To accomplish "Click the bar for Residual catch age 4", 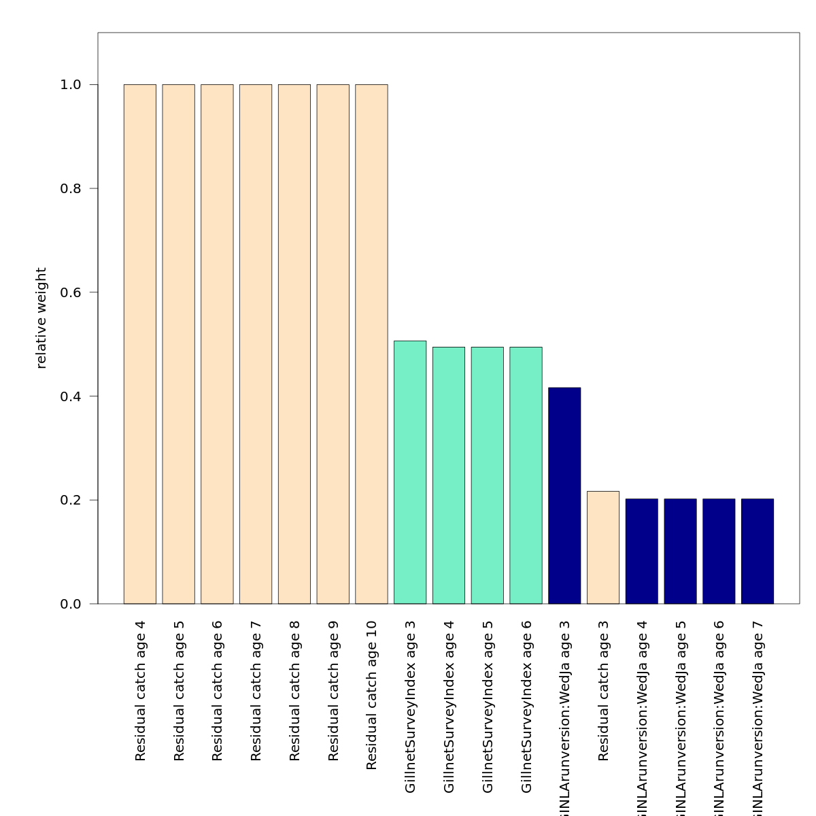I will (x=140, y=344).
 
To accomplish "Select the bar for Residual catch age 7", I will (x=256, y=344).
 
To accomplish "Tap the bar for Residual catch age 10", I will (x=371, y=344).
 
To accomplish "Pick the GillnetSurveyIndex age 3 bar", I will (x=410, y=472).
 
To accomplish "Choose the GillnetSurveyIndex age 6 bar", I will (x=526, y=475).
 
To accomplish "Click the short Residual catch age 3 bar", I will (x=603, y=547).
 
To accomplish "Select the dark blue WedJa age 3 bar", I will (x=564, y=496).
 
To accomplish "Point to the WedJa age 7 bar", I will (x=758, y=551).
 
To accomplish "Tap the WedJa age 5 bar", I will (x=680, y=551).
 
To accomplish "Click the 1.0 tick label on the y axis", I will (x=70, y=85).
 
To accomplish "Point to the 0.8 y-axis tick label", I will (x=70, y=188).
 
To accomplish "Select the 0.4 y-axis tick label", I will (x=70, y=396).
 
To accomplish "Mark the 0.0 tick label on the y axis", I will (x=70, y=604).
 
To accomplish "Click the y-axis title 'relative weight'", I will (x=41, y=318).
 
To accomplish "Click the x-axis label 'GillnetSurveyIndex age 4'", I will (x=449, y=707).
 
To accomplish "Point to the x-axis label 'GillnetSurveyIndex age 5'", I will (x=488, y=707).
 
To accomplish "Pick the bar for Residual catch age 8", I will (x=294, y=344).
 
